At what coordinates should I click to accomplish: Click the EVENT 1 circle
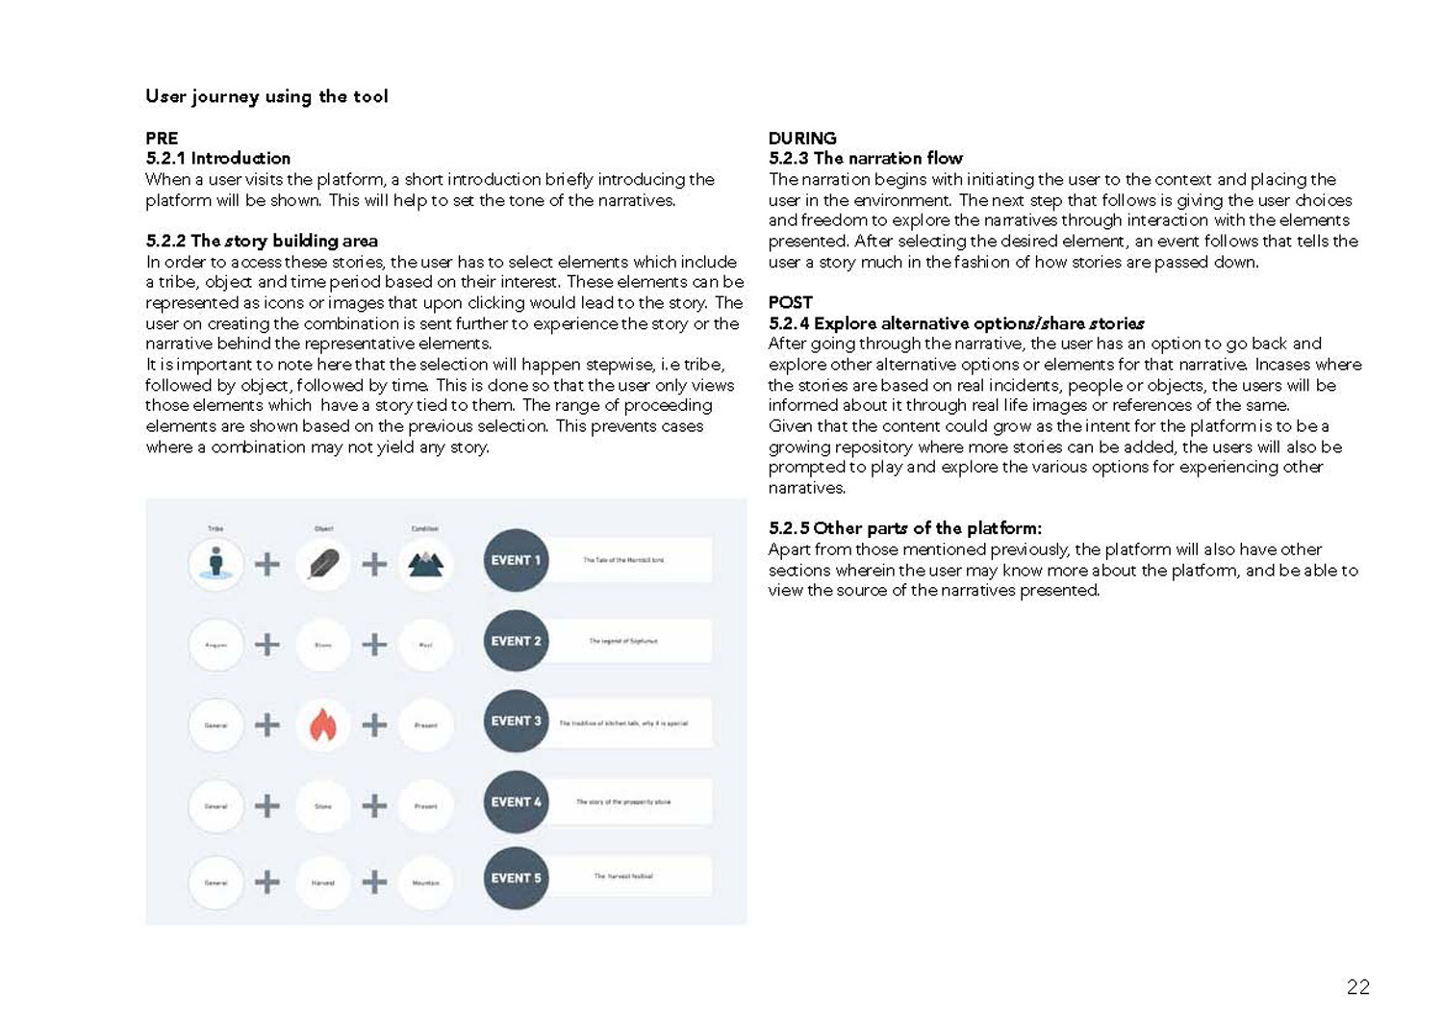pos(516,560)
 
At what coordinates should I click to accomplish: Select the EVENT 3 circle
pos(516,721)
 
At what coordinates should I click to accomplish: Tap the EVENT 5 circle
pos(516,878)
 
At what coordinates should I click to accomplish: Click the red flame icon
pos(323,725)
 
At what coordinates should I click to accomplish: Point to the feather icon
pos(323,564)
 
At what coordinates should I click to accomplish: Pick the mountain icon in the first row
pos(425,564)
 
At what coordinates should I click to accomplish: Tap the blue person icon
pos(216,563)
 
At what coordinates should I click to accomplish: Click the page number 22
pos(1357,986)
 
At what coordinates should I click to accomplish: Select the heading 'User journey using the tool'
pos(266,96)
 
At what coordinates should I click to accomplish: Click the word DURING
pos(802,138)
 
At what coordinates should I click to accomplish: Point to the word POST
pos(790,302)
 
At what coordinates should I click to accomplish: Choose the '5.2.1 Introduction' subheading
pos(217,158)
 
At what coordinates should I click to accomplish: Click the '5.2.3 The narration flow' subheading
pos(865,158)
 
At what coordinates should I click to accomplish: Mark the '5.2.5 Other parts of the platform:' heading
pos(904,528)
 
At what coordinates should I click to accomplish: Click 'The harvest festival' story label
pos(623,877)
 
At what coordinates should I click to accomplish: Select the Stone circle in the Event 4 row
pos(323,805)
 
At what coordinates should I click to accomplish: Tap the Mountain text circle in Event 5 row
pos(425,881)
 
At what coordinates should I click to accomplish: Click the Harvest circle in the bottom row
pos(323,881)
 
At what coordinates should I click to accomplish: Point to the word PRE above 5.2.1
pos(162,138)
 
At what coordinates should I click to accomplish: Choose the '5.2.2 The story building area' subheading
pos(262,241)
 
